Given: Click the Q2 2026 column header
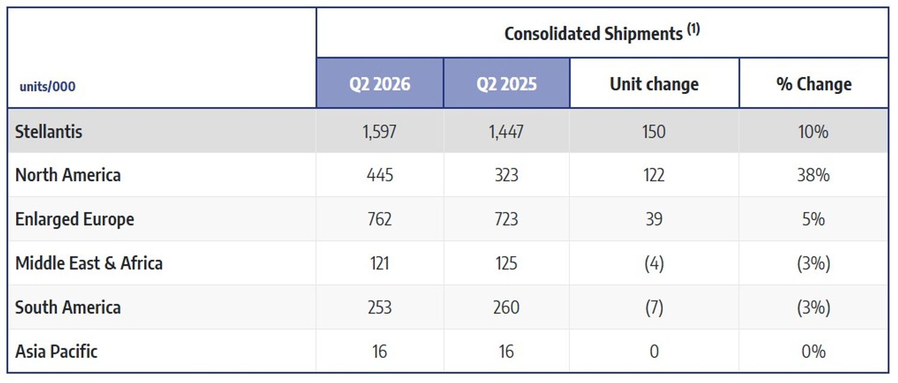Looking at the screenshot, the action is (380, 84).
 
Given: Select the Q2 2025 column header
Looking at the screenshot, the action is (506, 84).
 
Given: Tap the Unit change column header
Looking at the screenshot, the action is (654, 84).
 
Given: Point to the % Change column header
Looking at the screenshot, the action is (814, 84).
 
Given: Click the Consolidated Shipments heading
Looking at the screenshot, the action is (593, 34).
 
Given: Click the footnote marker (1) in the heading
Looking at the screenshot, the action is (693, 29).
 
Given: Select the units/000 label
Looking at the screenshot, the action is (47, 87).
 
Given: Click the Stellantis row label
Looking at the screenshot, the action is (48, 132).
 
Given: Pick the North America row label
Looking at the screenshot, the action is (68, 175).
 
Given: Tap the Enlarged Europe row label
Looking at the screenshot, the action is (75, 219).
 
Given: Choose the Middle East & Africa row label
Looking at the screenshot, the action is (89, 263).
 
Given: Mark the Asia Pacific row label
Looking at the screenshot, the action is (56, 351).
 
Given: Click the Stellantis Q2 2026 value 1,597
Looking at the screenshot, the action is (379, 132).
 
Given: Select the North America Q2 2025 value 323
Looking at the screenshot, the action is (506, 175).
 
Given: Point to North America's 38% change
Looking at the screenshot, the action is (814, 175).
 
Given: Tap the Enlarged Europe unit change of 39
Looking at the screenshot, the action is (654, 219).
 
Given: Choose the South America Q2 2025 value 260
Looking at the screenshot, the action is (506, 307).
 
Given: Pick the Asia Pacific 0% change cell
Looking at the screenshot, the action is (814, 351).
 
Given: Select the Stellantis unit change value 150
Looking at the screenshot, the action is (654, 132).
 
